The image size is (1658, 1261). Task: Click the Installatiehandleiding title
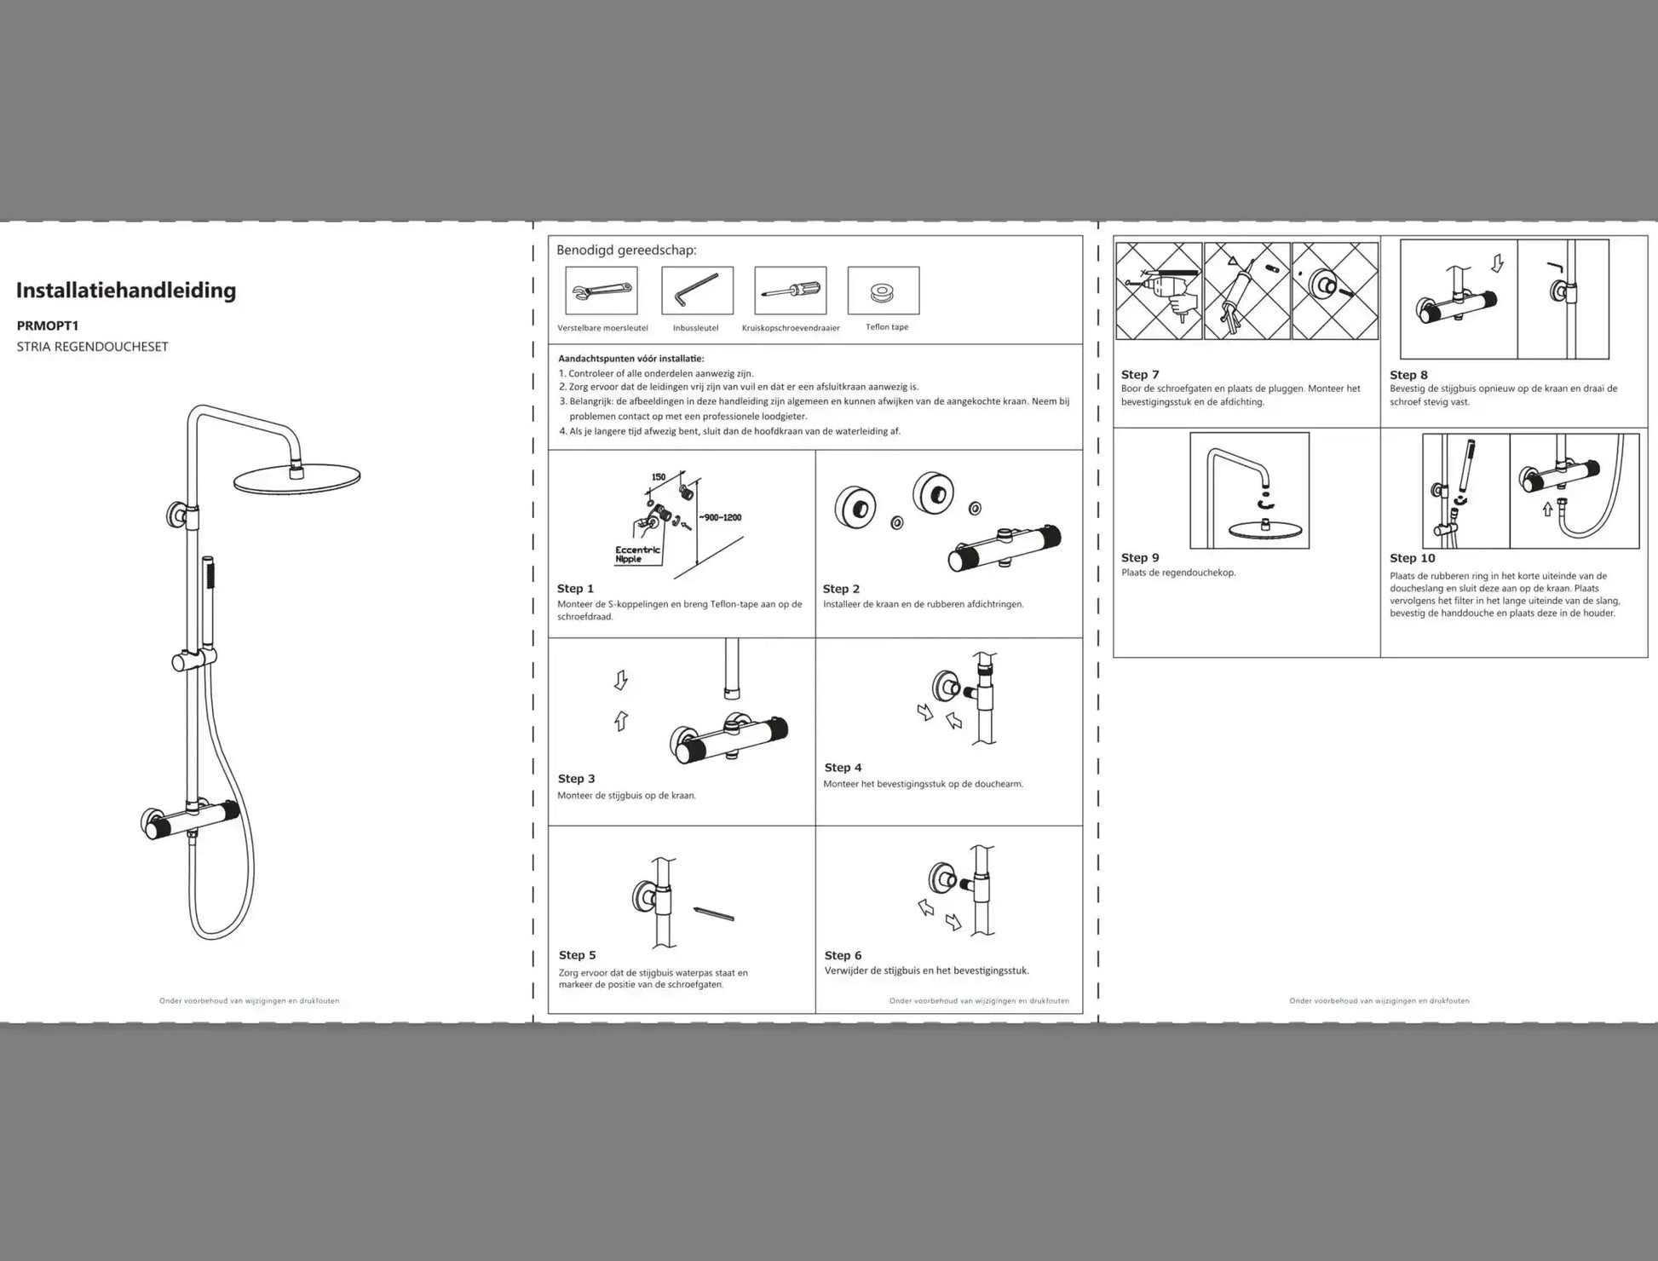[126, 291]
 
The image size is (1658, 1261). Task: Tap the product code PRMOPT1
[48, 325]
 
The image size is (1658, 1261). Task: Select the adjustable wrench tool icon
[602, 291]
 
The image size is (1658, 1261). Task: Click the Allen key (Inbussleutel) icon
[697, 290]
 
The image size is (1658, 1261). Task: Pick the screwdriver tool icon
[791, 291]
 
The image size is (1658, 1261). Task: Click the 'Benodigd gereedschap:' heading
[626, 250]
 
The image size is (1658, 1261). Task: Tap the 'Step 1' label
[575, 589]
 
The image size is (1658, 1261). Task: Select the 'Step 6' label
[843, 955]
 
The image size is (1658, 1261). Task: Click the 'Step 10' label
[1412, 558]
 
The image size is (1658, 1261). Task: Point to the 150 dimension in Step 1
[659, 477]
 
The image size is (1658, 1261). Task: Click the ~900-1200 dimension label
[721, 517]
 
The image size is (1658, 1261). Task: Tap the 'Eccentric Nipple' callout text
[637, 555]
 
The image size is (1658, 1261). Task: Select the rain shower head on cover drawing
[296, 478]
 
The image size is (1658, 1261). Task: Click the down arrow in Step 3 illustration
[620, 680]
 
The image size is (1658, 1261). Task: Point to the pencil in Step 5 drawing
[714, 914]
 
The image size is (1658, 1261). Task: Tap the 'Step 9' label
[1140, 558]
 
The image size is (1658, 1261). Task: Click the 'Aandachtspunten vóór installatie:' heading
[631, 359]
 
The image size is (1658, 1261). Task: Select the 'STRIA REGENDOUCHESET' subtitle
[93, 347]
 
